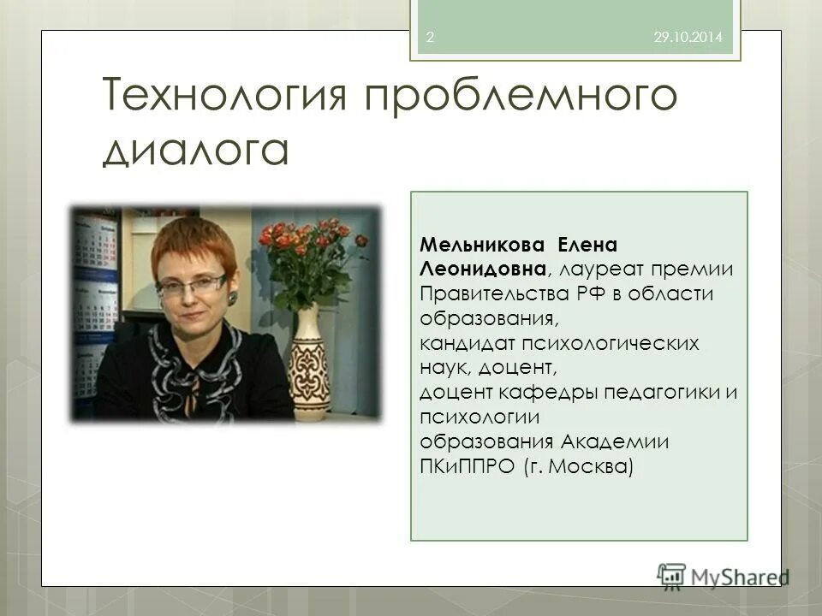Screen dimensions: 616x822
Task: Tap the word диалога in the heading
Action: click(197, 151)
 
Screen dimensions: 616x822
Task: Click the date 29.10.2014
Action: click(688, 38)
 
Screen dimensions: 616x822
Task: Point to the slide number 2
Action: click(429, 38)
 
